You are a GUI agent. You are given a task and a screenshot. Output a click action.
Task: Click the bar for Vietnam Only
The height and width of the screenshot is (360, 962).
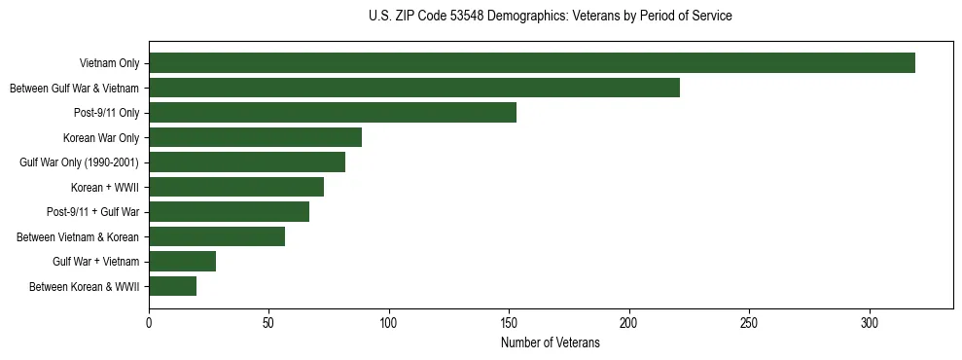click(532, 63)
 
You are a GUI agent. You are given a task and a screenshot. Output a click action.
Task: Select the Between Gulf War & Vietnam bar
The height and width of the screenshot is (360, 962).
click(414, 88)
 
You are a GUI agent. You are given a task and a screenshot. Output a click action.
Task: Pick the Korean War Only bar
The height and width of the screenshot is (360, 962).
click(256, 137)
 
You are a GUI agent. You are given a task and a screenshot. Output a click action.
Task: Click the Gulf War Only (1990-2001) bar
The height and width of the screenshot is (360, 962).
click(247, 162)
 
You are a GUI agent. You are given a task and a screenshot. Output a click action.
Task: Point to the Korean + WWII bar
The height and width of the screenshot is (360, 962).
click(236, 187)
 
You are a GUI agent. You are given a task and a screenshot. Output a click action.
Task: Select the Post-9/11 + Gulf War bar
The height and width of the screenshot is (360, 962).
click(230, 212)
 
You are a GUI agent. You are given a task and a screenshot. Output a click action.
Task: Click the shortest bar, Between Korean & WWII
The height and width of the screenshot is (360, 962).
click(173, 286)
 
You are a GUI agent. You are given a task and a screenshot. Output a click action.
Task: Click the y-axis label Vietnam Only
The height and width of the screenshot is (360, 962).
click(109, 63)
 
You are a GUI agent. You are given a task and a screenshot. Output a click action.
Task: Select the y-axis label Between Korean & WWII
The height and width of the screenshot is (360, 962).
click(85, 286)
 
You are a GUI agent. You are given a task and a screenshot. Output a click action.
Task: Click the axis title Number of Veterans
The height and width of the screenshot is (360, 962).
click(551, 342)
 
